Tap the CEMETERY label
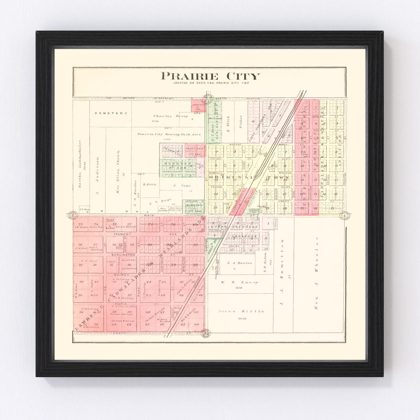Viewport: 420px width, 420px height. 111,113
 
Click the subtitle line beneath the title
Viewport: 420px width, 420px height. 212,83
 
